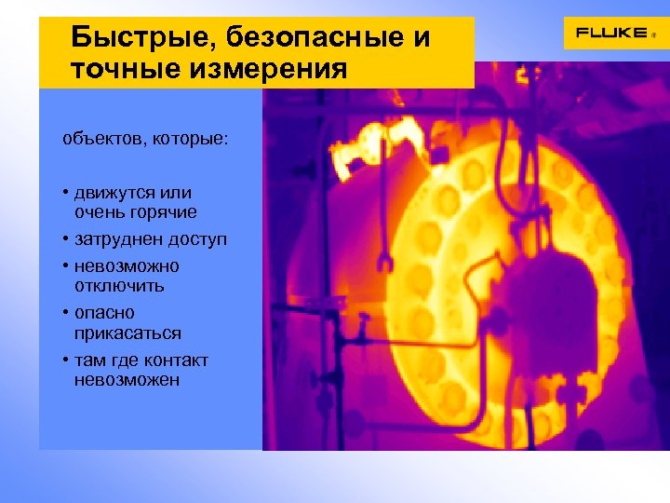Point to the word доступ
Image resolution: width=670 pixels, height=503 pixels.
[197, 239]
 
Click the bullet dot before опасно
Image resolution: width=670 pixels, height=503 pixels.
[66, 313]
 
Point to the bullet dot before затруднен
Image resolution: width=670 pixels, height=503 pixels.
[66, 239]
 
